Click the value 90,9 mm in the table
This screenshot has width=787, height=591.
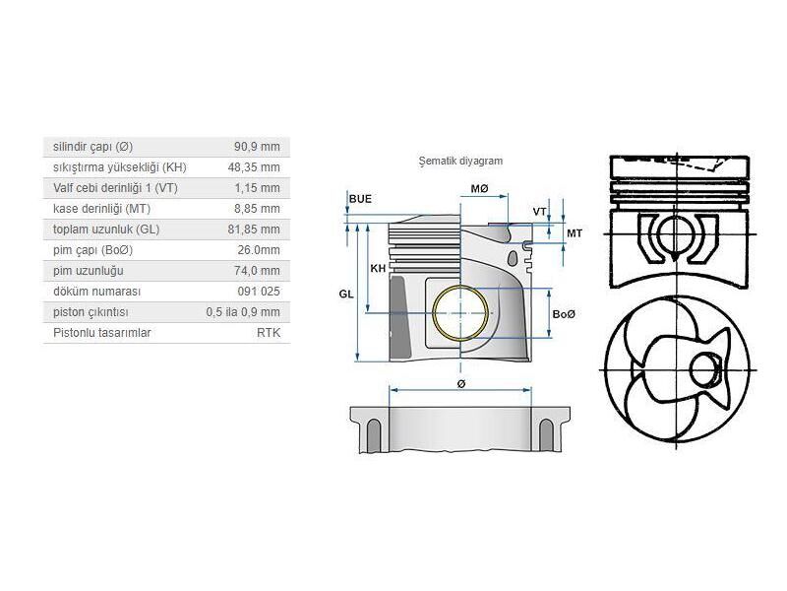tap(259, 147)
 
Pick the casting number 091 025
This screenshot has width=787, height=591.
tap(260, 292)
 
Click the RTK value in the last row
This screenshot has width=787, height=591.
tap(268, 333)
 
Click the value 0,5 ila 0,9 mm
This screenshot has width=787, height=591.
tap(243, 312)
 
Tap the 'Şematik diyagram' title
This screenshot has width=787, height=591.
tap(460, 161)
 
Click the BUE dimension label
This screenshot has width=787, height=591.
tap(360, 199)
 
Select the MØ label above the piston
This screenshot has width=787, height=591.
tap(479, 188)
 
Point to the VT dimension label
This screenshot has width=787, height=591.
tap(538, 212)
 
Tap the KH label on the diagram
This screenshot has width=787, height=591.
tap(377, 268)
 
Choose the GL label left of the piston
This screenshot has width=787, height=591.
tap(345, 294)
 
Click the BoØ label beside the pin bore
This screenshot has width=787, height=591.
tap(564, 313)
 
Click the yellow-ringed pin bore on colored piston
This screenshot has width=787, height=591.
tap(459, 313)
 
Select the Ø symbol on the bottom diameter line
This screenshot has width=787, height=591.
tap(460, 383)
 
